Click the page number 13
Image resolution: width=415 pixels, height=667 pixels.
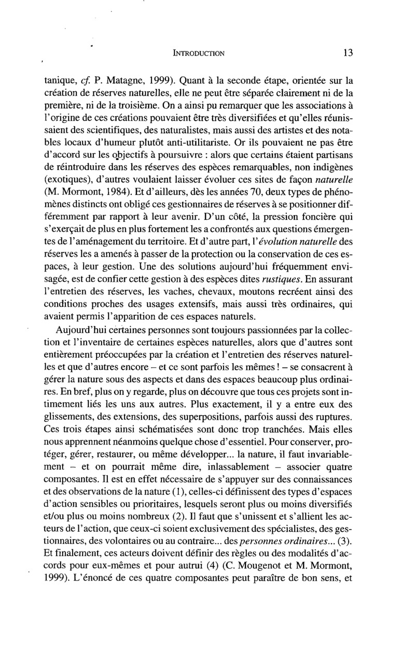coord(348,52)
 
